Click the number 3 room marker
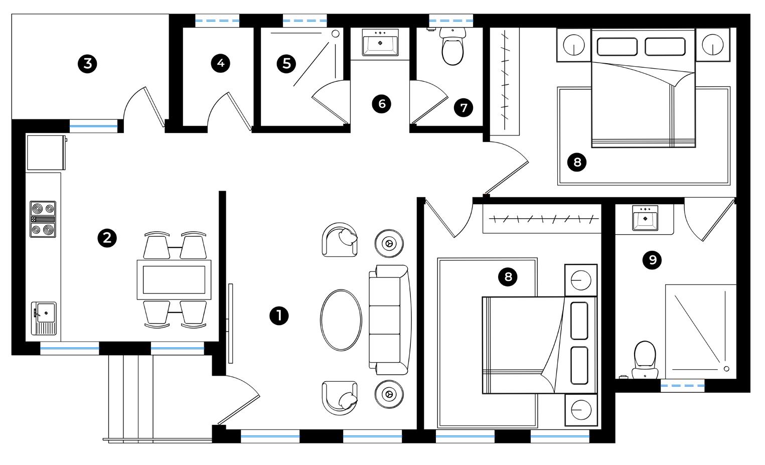(88, 64)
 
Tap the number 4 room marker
(220, 63)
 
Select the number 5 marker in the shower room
(286, 64)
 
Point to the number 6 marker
(382, 104)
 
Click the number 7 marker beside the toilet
(463, 107)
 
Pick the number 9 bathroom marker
(652, 260)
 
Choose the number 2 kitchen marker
(107, 238)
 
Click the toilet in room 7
(452, 48)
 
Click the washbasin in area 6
(380, 43)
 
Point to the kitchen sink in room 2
(44, 318)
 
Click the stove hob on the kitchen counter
(43, 219)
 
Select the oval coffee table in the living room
(341, 320)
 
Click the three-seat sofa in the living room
(389, 320)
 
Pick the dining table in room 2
(174, 279)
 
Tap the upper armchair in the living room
(341, 240)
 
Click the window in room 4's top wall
(217, 21)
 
